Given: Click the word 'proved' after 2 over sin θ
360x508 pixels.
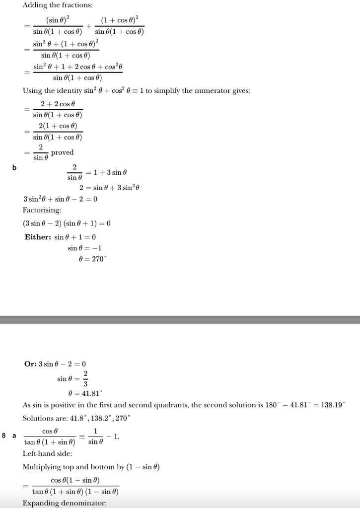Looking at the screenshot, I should (x=62, y=152).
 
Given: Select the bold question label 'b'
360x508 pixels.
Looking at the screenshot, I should (x=14, y=167).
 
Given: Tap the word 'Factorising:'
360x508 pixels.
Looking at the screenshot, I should (x=42, y=211).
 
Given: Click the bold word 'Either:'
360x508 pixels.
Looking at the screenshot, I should (x=38, y=237).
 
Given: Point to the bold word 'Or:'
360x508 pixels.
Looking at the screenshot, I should (x=30, y=364).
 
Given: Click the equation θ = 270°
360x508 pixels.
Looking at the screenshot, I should (x=93, y=259).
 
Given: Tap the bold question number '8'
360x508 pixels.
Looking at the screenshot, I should (x=4, y=436).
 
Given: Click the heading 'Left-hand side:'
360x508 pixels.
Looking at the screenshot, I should (x=47, y=454).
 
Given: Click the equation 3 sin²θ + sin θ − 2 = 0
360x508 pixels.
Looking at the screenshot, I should (x=60, y=199).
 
